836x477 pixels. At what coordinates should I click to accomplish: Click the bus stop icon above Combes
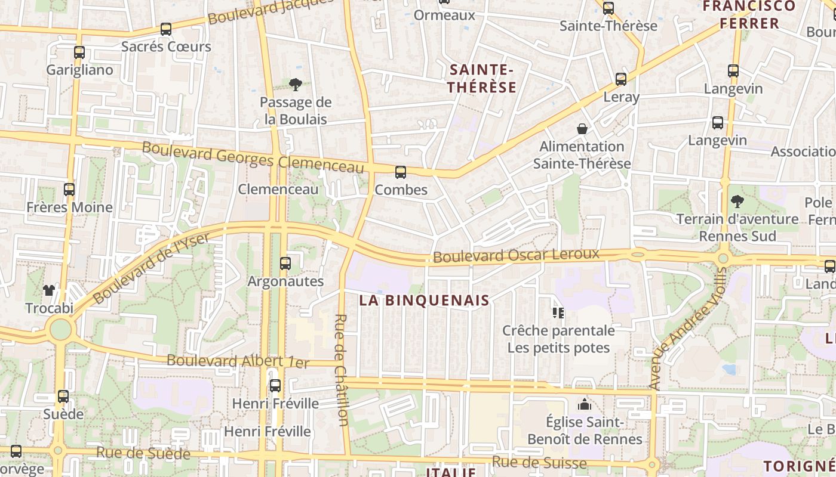click(x=400, y=172)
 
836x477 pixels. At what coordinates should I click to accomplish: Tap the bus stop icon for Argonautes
click(x=285, y=263)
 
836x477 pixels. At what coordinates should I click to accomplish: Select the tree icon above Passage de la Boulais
click(x=295, y=85)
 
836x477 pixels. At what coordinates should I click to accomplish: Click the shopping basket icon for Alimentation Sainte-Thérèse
click(x=582, y=129)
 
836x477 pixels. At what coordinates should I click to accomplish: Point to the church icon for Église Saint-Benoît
click(x=584, y=405)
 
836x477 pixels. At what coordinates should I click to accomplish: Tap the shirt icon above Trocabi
click(x=49, y=290)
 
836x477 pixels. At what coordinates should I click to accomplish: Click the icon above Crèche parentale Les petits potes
click(x=558, y=312)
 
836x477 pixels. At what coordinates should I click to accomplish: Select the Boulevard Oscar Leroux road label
click(x=516, y=255)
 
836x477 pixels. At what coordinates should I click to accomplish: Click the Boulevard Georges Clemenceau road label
click(x=253, y=159)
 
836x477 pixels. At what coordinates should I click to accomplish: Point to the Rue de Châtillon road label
click(x=342, y=370)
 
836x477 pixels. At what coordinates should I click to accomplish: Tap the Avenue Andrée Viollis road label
click(x=687, y=328)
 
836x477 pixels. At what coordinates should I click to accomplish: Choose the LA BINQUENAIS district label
click(x=425, y=301)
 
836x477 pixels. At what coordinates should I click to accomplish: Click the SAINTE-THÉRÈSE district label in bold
click(x=482, y=79)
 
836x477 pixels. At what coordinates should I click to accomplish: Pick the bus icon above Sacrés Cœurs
click(x=166, y=29)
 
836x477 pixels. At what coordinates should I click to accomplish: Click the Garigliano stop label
click(x=79, y=70)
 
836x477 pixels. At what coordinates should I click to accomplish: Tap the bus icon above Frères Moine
click(x=69, y=190)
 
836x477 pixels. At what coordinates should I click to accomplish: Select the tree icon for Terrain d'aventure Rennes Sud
click(x=737, y=202)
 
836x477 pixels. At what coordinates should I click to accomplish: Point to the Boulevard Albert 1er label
click(x=238, y=361)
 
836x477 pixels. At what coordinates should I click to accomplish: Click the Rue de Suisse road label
click(x=539, y=462)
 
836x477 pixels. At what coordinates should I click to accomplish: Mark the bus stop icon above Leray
click(x=621, y=79)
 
